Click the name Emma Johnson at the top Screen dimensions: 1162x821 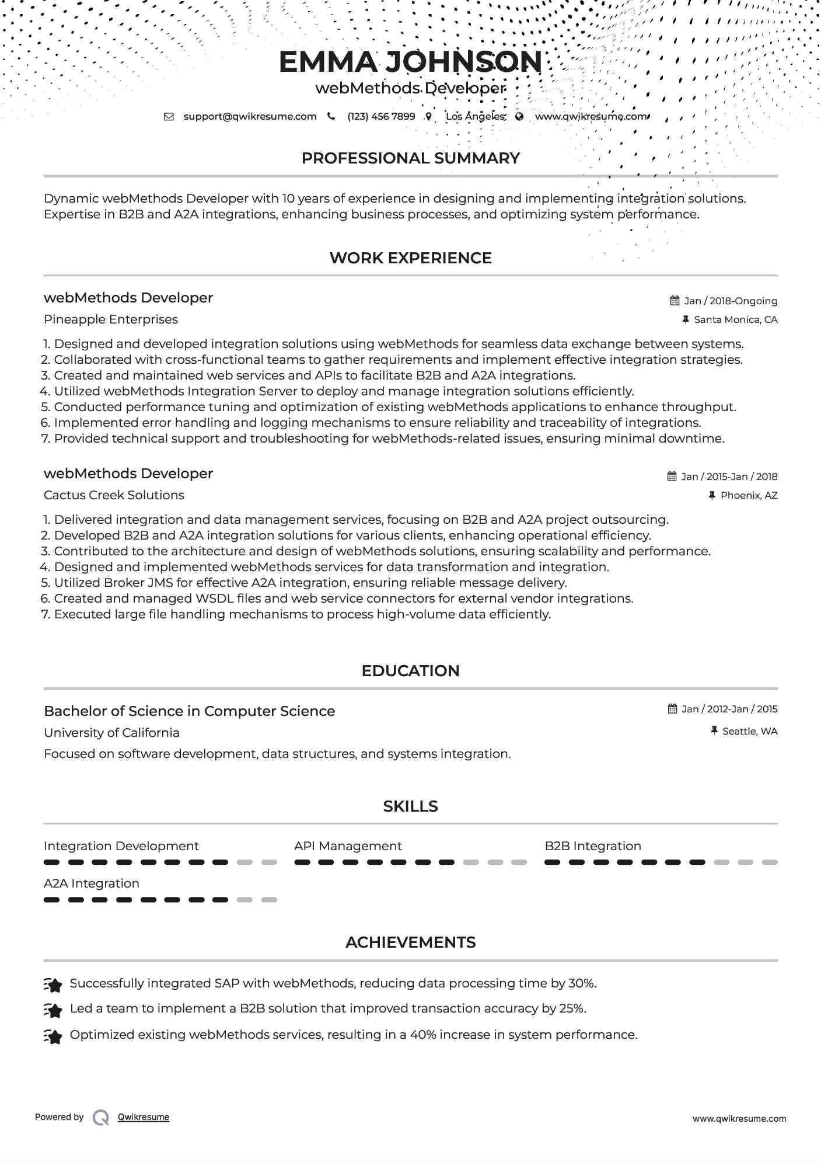point(410,62)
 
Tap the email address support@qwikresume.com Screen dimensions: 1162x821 point(250,116)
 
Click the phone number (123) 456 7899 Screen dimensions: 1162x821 point(381,116)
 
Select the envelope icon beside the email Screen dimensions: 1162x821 point(169,116)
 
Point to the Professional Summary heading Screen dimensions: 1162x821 point(410,158)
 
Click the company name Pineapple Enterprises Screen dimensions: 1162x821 point(111,319)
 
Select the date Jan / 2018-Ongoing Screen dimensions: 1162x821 point(730,301)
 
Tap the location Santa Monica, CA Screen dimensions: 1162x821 point(735,319)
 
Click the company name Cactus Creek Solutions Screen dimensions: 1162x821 point(114,495)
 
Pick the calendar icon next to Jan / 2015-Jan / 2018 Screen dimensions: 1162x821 point(672,476)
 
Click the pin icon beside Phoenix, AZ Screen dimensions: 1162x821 point(712,495)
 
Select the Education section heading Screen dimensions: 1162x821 point(410,671)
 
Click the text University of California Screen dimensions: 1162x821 point(111,733)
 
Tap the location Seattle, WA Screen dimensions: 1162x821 point(749,731)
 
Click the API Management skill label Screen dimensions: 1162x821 point(348,846)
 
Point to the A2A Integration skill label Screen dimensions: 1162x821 point(92,883)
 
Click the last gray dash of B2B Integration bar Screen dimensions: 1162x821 point(770,862)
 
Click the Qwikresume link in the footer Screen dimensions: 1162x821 point(144,1117)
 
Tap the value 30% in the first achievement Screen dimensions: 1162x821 point(581,983)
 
